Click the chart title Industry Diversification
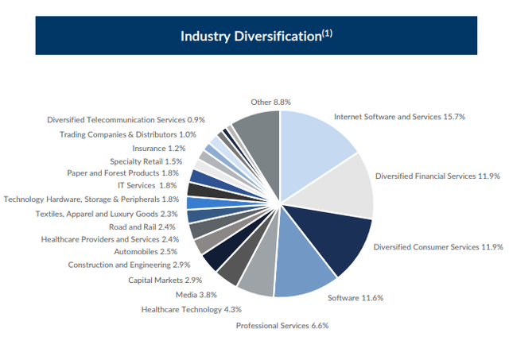click(x=254, y=36)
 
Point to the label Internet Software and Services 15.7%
click(x=399, y=117)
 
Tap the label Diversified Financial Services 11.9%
click(x=437, y=176)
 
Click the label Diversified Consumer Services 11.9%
click(x=438, y=247)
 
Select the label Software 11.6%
click(x=356, y=298)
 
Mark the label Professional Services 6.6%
click(x=282, y=325)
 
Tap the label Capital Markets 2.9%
click(x=165, y=280)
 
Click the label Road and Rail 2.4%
click(x=148, y=226)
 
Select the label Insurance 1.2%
click(x=158, y=148)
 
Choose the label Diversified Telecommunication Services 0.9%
click(x=126, y=119)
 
